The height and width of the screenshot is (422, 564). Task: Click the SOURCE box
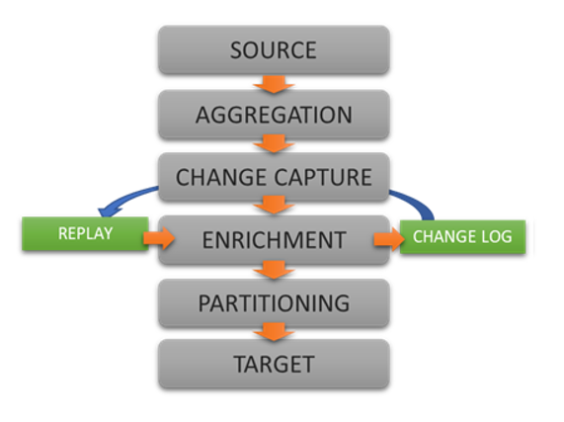[x=274, y=49]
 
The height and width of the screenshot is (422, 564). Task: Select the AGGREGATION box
[x=274, y=115]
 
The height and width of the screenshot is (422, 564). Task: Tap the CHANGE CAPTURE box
[x=274, y=177]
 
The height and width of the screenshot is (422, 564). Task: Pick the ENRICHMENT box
[x=274, y=240]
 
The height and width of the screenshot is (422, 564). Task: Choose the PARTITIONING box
[x=274, y=303]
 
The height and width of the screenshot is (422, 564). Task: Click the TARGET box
[x=274, y=364]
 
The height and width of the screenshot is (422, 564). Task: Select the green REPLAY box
[x=85, y=233]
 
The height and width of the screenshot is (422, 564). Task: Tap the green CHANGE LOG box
[x=462, y=237]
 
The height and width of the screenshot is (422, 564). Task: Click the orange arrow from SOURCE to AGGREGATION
[x=274, y=84]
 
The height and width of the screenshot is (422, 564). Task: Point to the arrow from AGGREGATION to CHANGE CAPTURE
[x=274, y=143]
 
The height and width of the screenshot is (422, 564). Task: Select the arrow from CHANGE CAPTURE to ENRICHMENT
[x=274, y=205]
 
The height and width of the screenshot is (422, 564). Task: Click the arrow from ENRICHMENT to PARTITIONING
[x=274, y=270]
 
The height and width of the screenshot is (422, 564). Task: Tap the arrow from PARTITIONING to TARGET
[x=274, y=332]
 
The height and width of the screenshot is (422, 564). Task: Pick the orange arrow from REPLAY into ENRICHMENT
[x=159, y=238]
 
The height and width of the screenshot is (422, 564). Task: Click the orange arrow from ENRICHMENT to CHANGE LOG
[x=389, y=239]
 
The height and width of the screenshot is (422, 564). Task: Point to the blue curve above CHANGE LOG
[x=417, y=201]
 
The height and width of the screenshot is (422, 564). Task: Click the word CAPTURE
[x=323, y=177]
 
